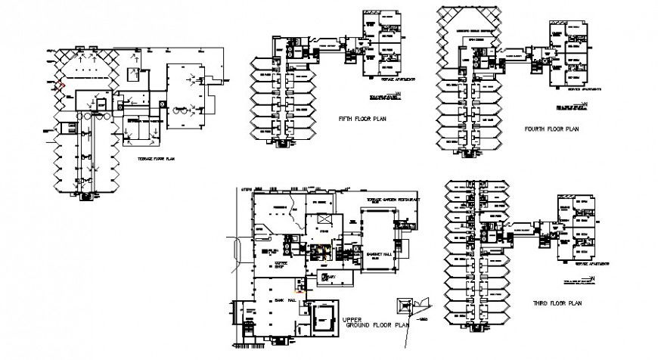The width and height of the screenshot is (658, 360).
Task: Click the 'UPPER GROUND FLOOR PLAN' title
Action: click(x=376, y=323)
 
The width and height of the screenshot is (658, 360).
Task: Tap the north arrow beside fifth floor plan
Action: click(x=392, y=95)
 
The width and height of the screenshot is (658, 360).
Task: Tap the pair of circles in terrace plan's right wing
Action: click(x=181, y=110)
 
